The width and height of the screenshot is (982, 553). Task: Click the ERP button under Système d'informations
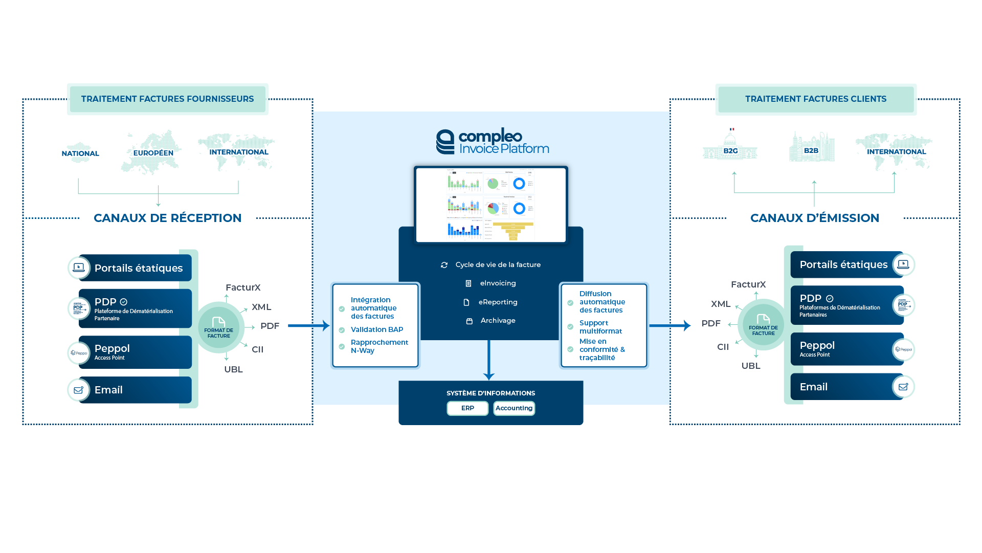[x=467, y=408]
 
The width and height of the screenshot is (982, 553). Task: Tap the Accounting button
[x=514, y=408]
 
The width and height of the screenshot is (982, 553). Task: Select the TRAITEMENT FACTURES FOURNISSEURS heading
[x=167, y=99]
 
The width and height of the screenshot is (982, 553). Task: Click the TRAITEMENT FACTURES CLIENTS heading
[x=815, y=99]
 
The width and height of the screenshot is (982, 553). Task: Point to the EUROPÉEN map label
[x=153, y=153]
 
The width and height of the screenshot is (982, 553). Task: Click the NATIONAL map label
[x=80, y=153]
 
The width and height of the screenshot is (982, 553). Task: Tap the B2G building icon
[x=730, y=148]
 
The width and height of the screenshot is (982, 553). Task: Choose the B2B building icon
[x=811, y=148]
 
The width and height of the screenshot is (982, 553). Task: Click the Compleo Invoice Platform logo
[x=492, y=142]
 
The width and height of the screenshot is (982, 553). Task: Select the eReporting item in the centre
[x=497, y=302]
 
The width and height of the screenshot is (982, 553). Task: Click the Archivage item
[x=497, y=321]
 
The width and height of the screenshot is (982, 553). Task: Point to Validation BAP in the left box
[x=376, y=330]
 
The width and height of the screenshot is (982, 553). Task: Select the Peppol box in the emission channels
[x=846, y=349]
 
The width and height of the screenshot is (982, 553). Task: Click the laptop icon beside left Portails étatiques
[x=79, y=268]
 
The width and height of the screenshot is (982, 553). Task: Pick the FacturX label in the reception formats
[x=243, y=287]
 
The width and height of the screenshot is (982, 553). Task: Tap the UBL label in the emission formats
[x=751, y=366]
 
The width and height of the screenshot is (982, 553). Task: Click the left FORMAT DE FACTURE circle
[x=218, y=327]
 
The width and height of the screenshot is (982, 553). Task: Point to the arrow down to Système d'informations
[x=489, y=361]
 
